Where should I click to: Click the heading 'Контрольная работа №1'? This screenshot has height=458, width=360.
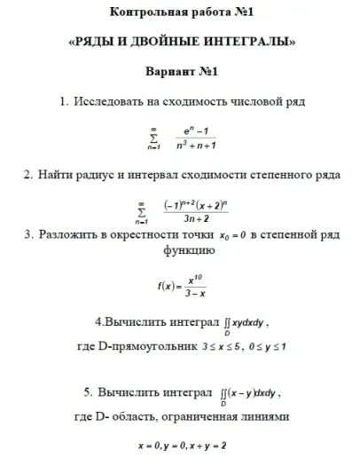pos(181,12)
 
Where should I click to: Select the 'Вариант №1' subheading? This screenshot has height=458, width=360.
pos(181,70)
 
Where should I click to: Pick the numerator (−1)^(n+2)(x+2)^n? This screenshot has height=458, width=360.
pos(197,205)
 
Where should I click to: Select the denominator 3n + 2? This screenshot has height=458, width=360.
pos(196,219)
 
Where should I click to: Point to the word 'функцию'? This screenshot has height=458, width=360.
pos(184,251)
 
